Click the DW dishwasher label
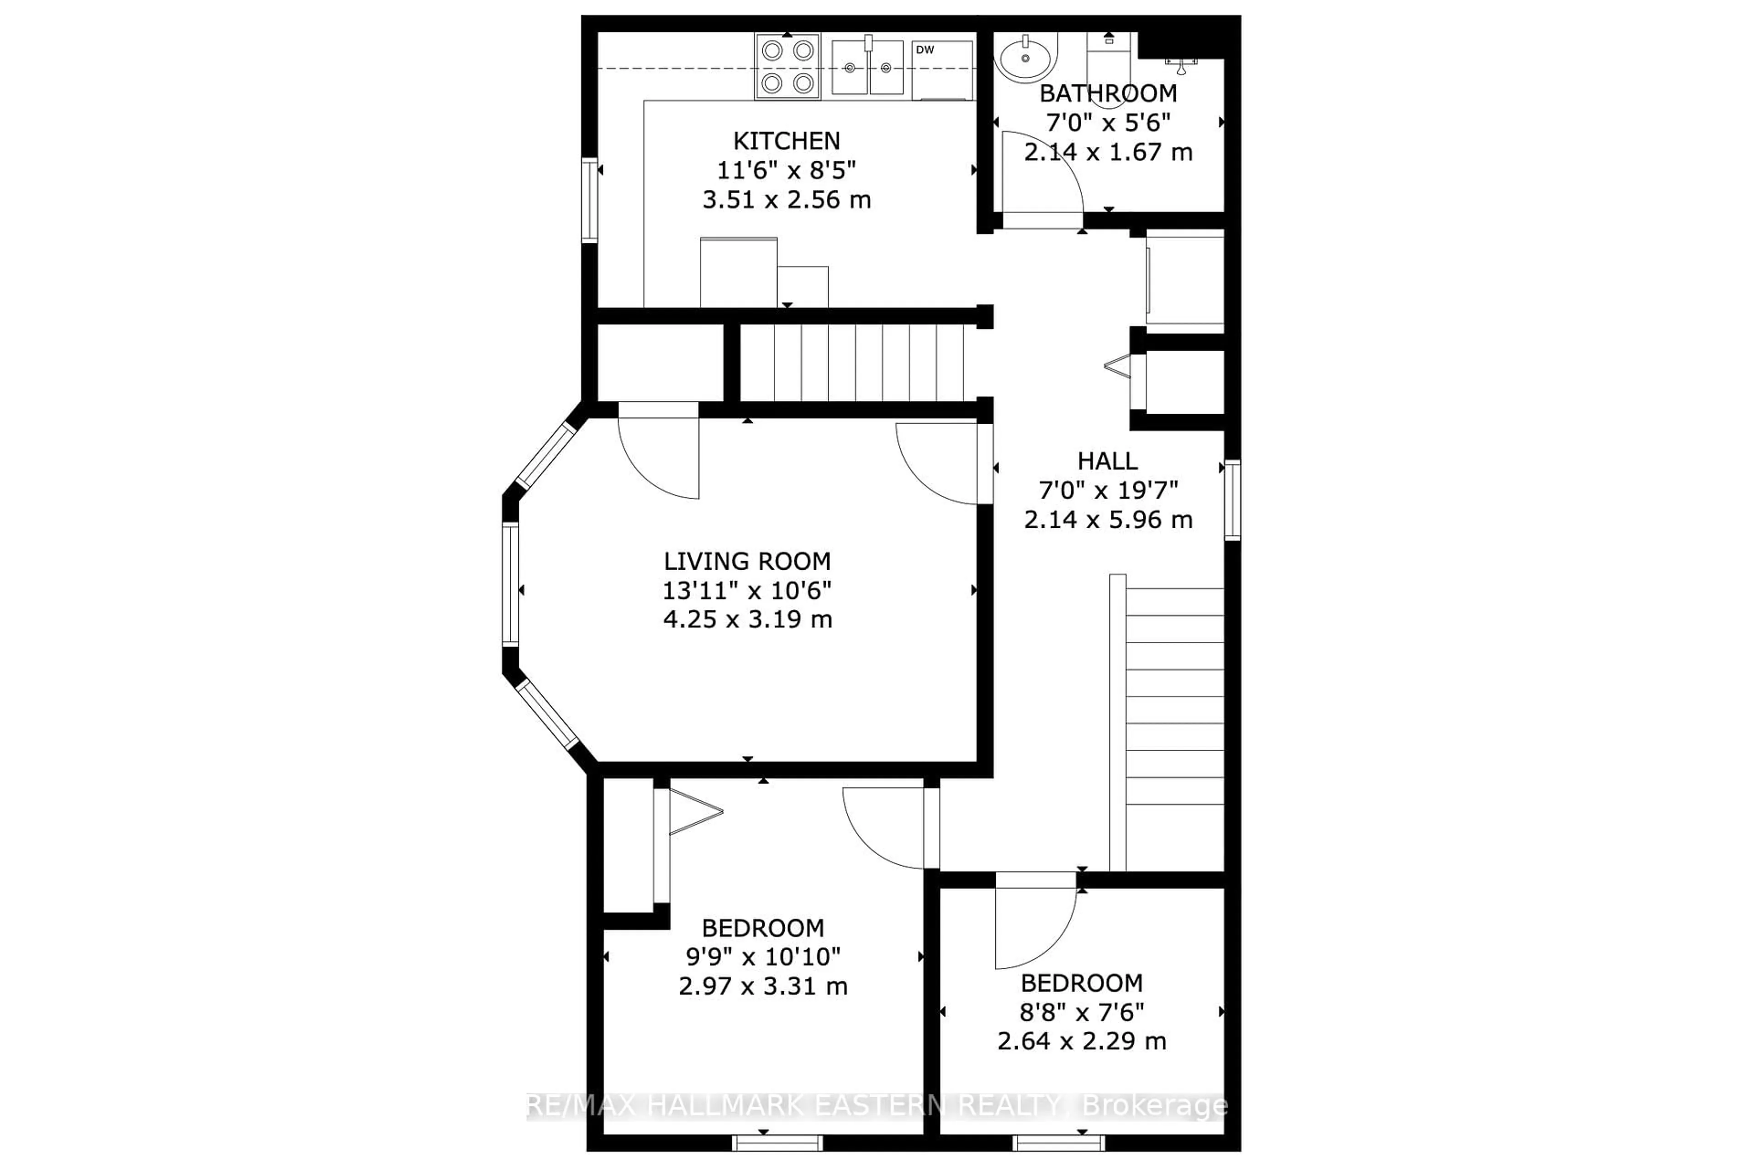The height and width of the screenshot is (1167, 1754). [924, 50]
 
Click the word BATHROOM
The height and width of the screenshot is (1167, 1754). [1108, 94]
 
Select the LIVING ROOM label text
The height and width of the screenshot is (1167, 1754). [747, 561]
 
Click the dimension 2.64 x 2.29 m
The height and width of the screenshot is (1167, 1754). [1081, 1041]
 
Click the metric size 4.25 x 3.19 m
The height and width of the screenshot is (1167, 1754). [747, 619]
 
